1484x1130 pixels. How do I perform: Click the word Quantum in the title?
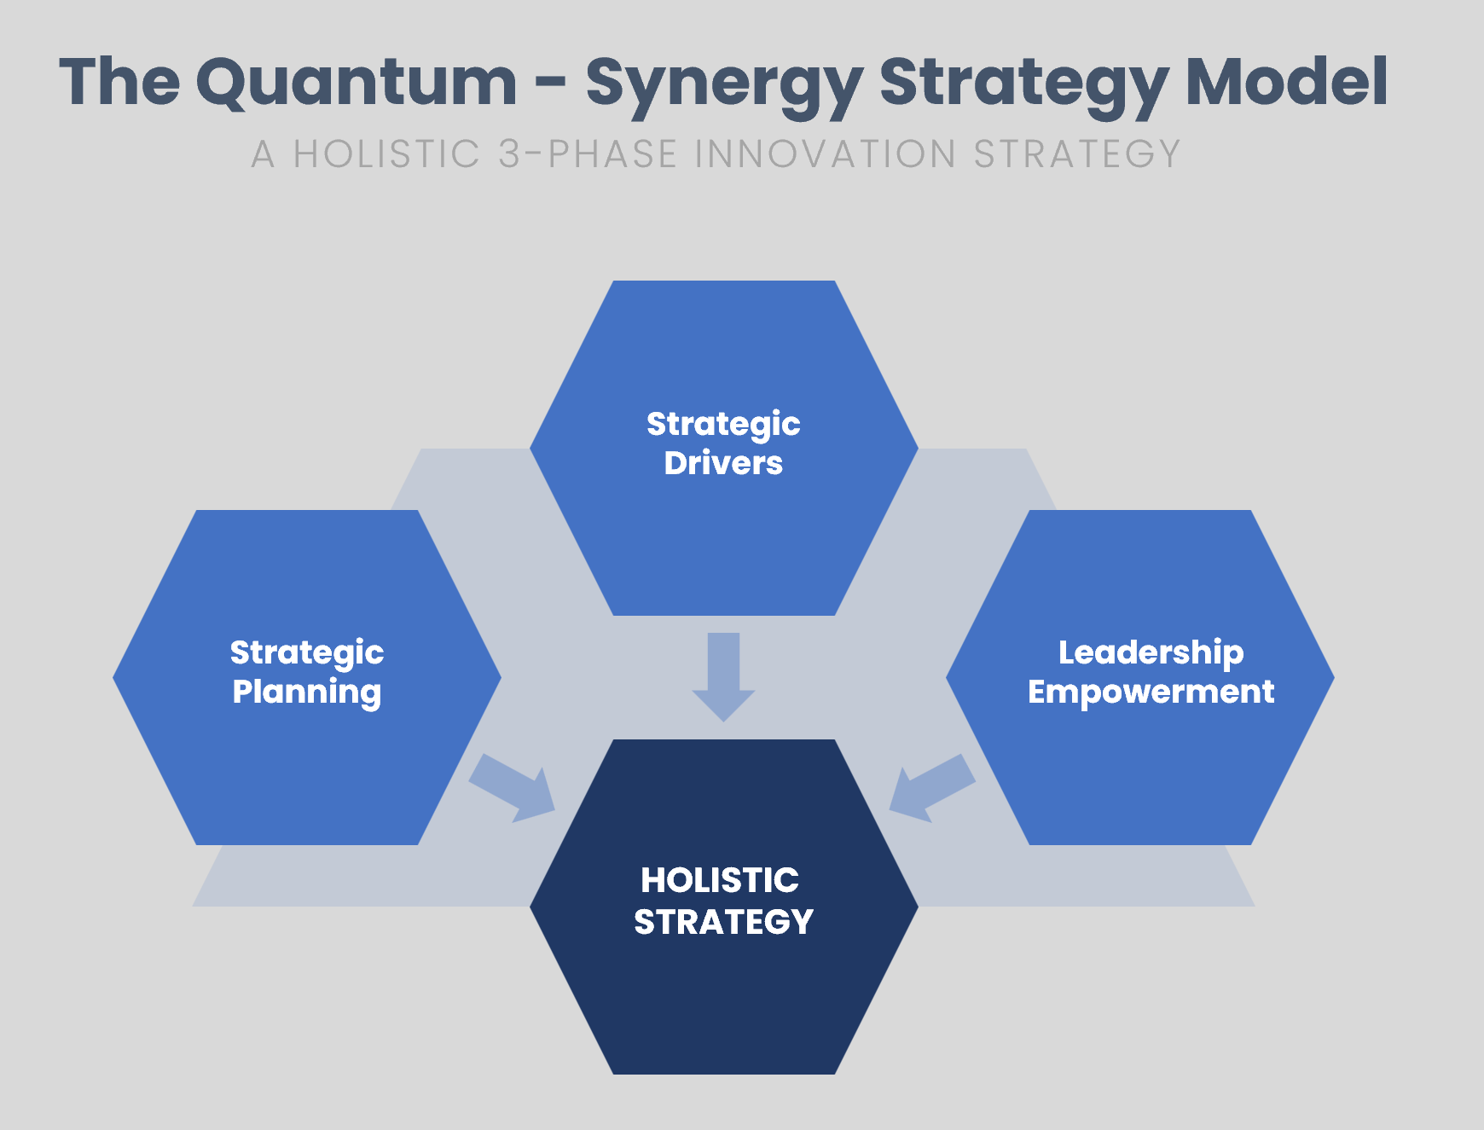tap(356, 83)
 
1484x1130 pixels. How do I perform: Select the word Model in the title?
tap(1286, 83)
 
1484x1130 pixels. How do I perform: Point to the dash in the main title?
tap(551, 84)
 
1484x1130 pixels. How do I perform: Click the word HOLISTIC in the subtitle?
tap(386, 154)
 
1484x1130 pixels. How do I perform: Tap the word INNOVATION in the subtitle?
tap(825, 154)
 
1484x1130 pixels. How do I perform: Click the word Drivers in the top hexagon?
tap(723, 463)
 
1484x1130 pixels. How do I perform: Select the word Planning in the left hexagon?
tap(307, 692)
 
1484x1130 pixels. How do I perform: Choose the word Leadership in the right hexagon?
tap(1151, 652)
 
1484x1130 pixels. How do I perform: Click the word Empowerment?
tap(1151, 692)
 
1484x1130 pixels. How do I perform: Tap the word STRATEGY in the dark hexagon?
tap(723, 922)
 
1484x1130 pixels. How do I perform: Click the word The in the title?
tap(119, 83)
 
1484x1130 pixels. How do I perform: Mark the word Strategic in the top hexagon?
tap(723, 424)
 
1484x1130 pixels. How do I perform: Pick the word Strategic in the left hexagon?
tap(307, 653)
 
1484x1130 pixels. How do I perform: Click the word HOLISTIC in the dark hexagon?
tap(720, 880)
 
